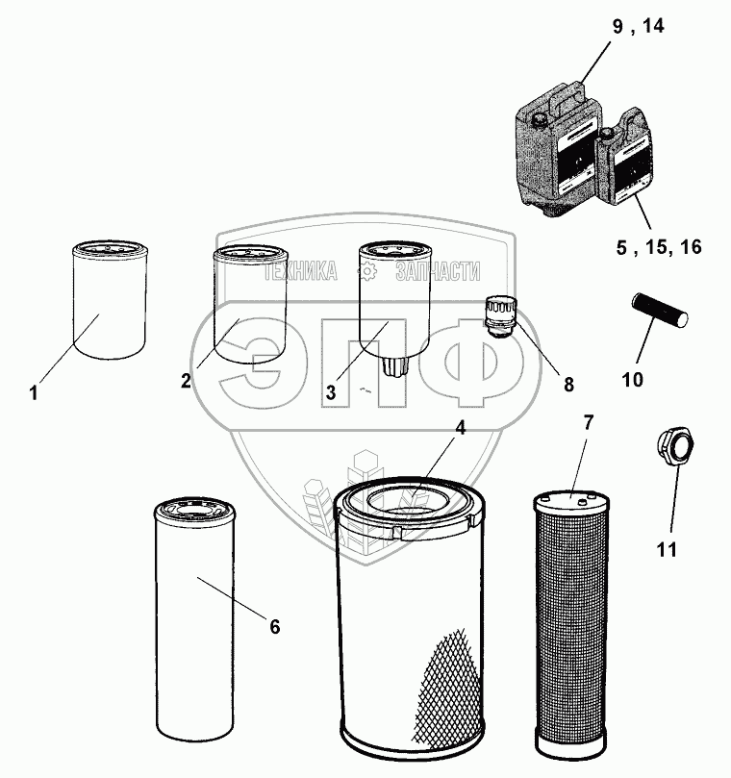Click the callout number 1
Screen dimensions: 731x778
[34, 393]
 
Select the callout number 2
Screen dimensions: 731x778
[186, 380]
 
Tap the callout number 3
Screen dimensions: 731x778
[330, 392]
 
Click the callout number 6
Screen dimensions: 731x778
[274, 627]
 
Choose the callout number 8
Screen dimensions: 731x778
[567, 385]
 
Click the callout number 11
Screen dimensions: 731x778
[667, 550]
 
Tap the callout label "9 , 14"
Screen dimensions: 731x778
[638, 26]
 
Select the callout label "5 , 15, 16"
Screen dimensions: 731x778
[659, 247]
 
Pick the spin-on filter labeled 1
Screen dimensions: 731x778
[108, 301]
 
